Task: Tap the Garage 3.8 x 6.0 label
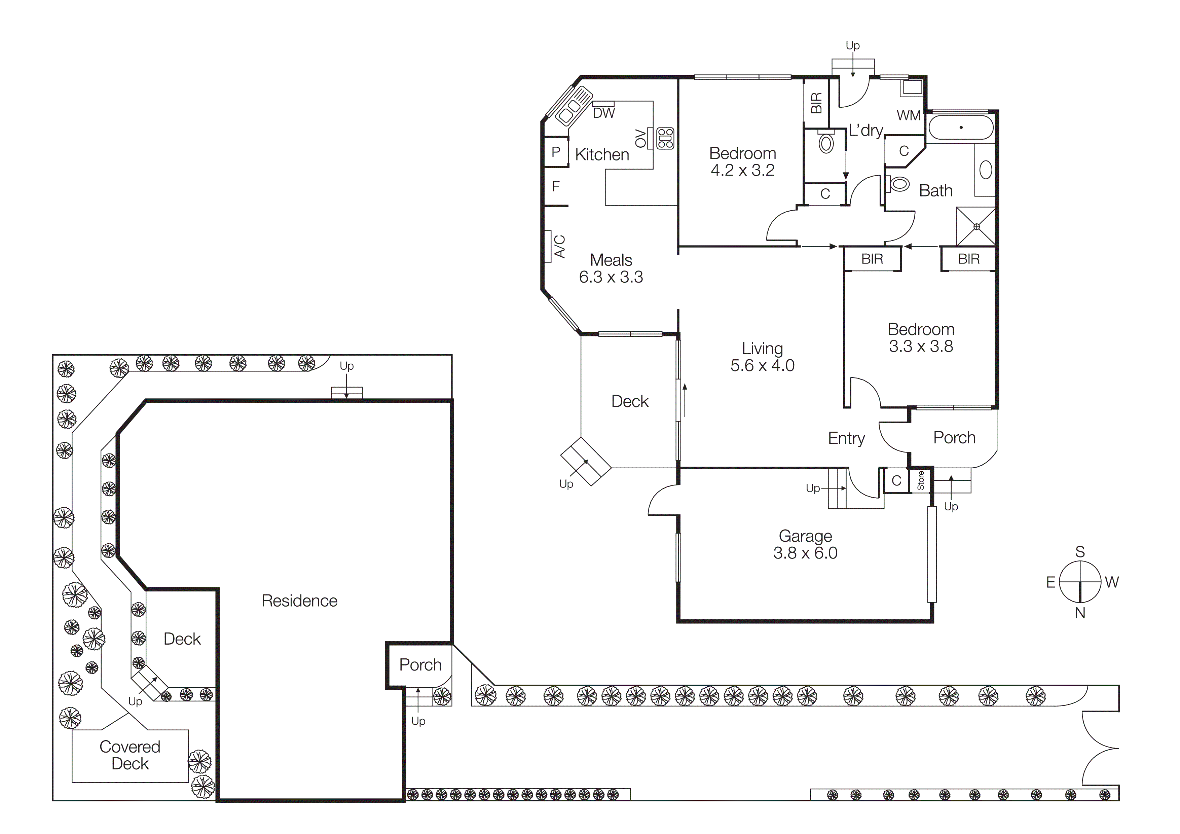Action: coord(805,544)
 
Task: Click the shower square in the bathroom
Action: coord(975,227)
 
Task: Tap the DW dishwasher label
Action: coord(603,113)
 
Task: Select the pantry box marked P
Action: coord(556,152)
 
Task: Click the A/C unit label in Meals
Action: coord(560,246)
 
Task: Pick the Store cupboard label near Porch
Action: coord(920,480)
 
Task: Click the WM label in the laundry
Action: coord(908,116)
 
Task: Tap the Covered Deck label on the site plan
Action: coord(130,755)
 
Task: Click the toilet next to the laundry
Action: coord(826,143)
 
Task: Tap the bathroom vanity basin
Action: coord(985,170)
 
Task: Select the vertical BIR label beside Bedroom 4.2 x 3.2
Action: coord(816,103)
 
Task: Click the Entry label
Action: coord(846,438)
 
